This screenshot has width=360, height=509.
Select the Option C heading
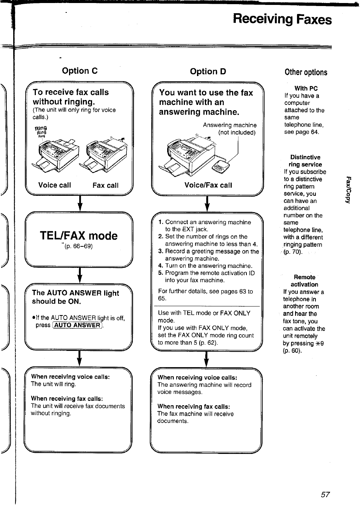pos(80,71)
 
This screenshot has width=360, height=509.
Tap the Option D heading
pos(208,72)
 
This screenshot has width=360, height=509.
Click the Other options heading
pos(306,72)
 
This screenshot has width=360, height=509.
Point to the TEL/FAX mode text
pos(78,236)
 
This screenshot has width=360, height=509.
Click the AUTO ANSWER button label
pos(77,325)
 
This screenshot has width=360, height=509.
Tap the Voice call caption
pos(54,185)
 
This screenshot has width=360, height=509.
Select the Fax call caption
pos(105,185)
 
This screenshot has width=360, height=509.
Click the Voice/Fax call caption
pos(208,185)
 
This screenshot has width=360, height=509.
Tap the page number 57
pos(325,494)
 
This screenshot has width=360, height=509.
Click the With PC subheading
pos(306,88)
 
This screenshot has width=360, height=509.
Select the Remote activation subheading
pos(304,281)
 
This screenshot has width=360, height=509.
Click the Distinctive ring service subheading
pos(305,161)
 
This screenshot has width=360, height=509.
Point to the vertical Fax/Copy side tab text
pos(349,189)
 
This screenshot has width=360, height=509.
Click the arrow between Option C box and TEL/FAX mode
pos(80,204)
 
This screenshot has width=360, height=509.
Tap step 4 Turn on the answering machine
pos(205,266)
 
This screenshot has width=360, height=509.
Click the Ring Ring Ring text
pos(41,132)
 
